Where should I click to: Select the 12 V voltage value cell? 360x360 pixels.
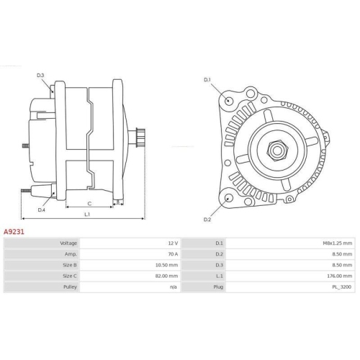coord(172,244)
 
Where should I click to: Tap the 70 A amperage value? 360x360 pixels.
coord(171,255)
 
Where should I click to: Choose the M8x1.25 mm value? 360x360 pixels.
coord(337,244)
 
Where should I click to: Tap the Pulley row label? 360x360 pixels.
coord(69,287)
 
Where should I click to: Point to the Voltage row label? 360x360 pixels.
coord(68,244)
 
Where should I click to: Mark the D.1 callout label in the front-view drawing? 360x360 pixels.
coord(207,79)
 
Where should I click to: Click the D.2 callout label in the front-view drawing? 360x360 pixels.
coord(207,219)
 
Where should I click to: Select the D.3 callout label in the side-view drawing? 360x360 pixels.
coord(40,76)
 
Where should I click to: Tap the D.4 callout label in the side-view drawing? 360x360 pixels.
coord(41,210)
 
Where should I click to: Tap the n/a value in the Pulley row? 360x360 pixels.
coord(173,287)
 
